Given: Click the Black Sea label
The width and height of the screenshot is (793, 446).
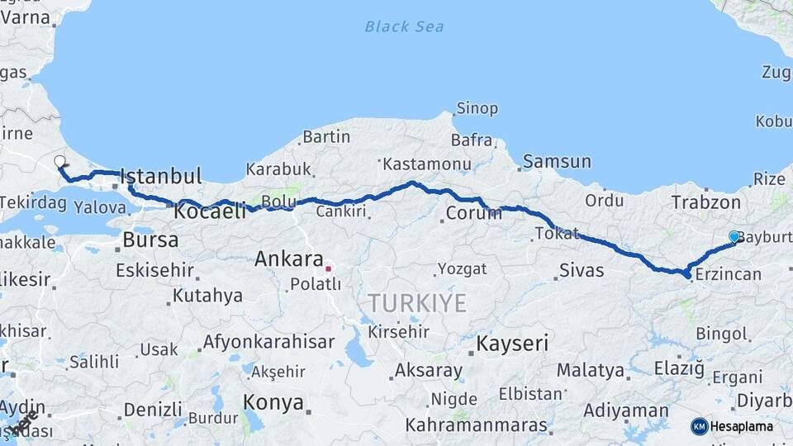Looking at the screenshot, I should (x=404, y=26).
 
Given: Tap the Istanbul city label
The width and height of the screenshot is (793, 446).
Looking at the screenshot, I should (x=161, y=176).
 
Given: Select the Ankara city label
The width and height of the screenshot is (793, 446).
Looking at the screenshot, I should (x=288, y=259).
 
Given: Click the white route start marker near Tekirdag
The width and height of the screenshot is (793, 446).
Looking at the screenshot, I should (x=59, y=161).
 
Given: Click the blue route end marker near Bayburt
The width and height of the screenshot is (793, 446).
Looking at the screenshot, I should (x=734, y=236).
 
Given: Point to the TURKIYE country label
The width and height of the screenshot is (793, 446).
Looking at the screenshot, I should (x=417, y=303).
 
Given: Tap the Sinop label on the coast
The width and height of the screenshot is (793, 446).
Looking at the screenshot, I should (x=478, y=108).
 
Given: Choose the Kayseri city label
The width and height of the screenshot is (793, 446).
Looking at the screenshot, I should (x=512, y=343).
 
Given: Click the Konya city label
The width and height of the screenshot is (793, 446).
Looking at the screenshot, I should (x=273, y=402).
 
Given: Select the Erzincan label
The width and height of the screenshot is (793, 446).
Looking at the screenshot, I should (x=728, y=274).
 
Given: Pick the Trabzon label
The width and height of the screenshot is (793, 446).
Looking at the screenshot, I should (x=705, y=202).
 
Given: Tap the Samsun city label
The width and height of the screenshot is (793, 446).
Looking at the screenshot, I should (x=556, y=162).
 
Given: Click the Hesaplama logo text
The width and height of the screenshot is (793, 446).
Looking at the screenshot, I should (x=741, y=426).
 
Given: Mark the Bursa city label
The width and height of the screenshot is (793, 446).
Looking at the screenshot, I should (x=150, y=240).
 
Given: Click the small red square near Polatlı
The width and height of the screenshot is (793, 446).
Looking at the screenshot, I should (x=328, y=268).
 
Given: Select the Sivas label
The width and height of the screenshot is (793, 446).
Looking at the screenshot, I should (x=581, y=270).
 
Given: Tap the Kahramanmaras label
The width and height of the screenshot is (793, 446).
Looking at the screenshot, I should (x=477, y=425).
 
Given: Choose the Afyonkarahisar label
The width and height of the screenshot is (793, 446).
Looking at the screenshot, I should (x=268, y=342).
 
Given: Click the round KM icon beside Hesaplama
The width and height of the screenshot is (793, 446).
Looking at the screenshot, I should (x=699, y=426).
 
